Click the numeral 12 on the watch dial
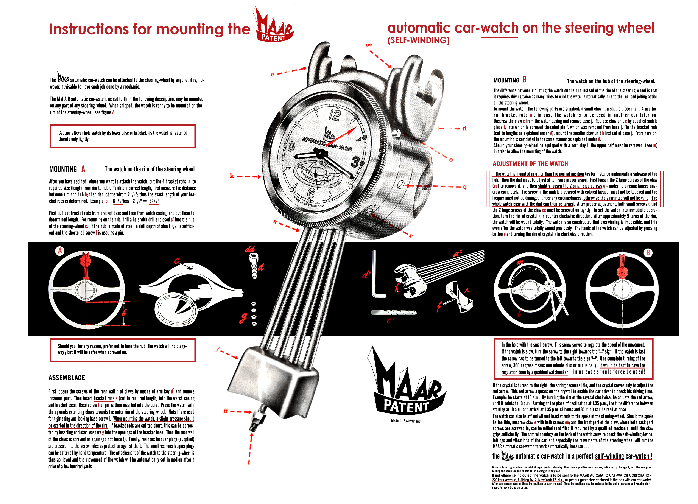click(335, 115)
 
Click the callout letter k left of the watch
click(232, 176)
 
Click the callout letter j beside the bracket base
click(218, 349)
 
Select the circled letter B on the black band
click(648, 253)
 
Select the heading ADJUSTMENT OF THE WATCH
click(530, 164)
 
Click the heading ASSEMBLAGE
click(67, 378)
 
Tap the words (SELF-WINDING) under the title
click(419, 40)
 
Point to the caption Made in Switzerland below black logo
click(406, 421)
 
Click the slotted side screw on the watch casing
click(401, 185)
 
